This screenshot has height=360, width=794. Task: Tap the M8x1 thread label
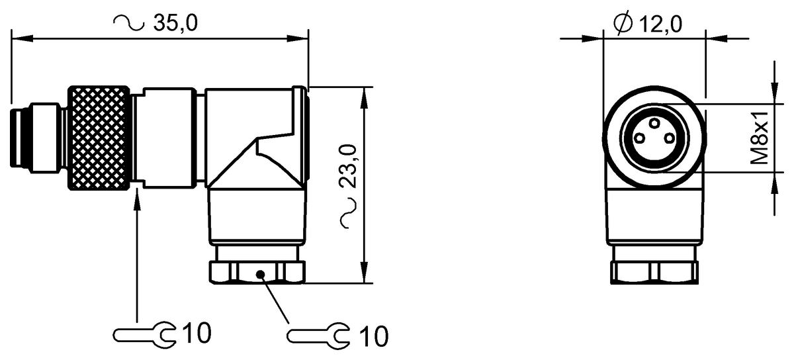760,139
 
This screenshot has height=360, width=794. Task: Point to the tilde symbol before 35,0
129,23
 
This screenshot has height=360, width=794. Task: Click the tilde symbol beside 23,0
349,217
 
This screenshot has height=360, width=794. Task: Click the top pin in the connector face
654,124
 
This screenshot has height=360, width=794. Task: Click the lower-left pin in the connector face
640,138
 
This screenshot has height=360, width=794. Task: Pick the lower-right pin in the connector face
669,138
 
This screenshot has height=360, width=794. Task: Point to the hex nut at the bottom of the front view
654,272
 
